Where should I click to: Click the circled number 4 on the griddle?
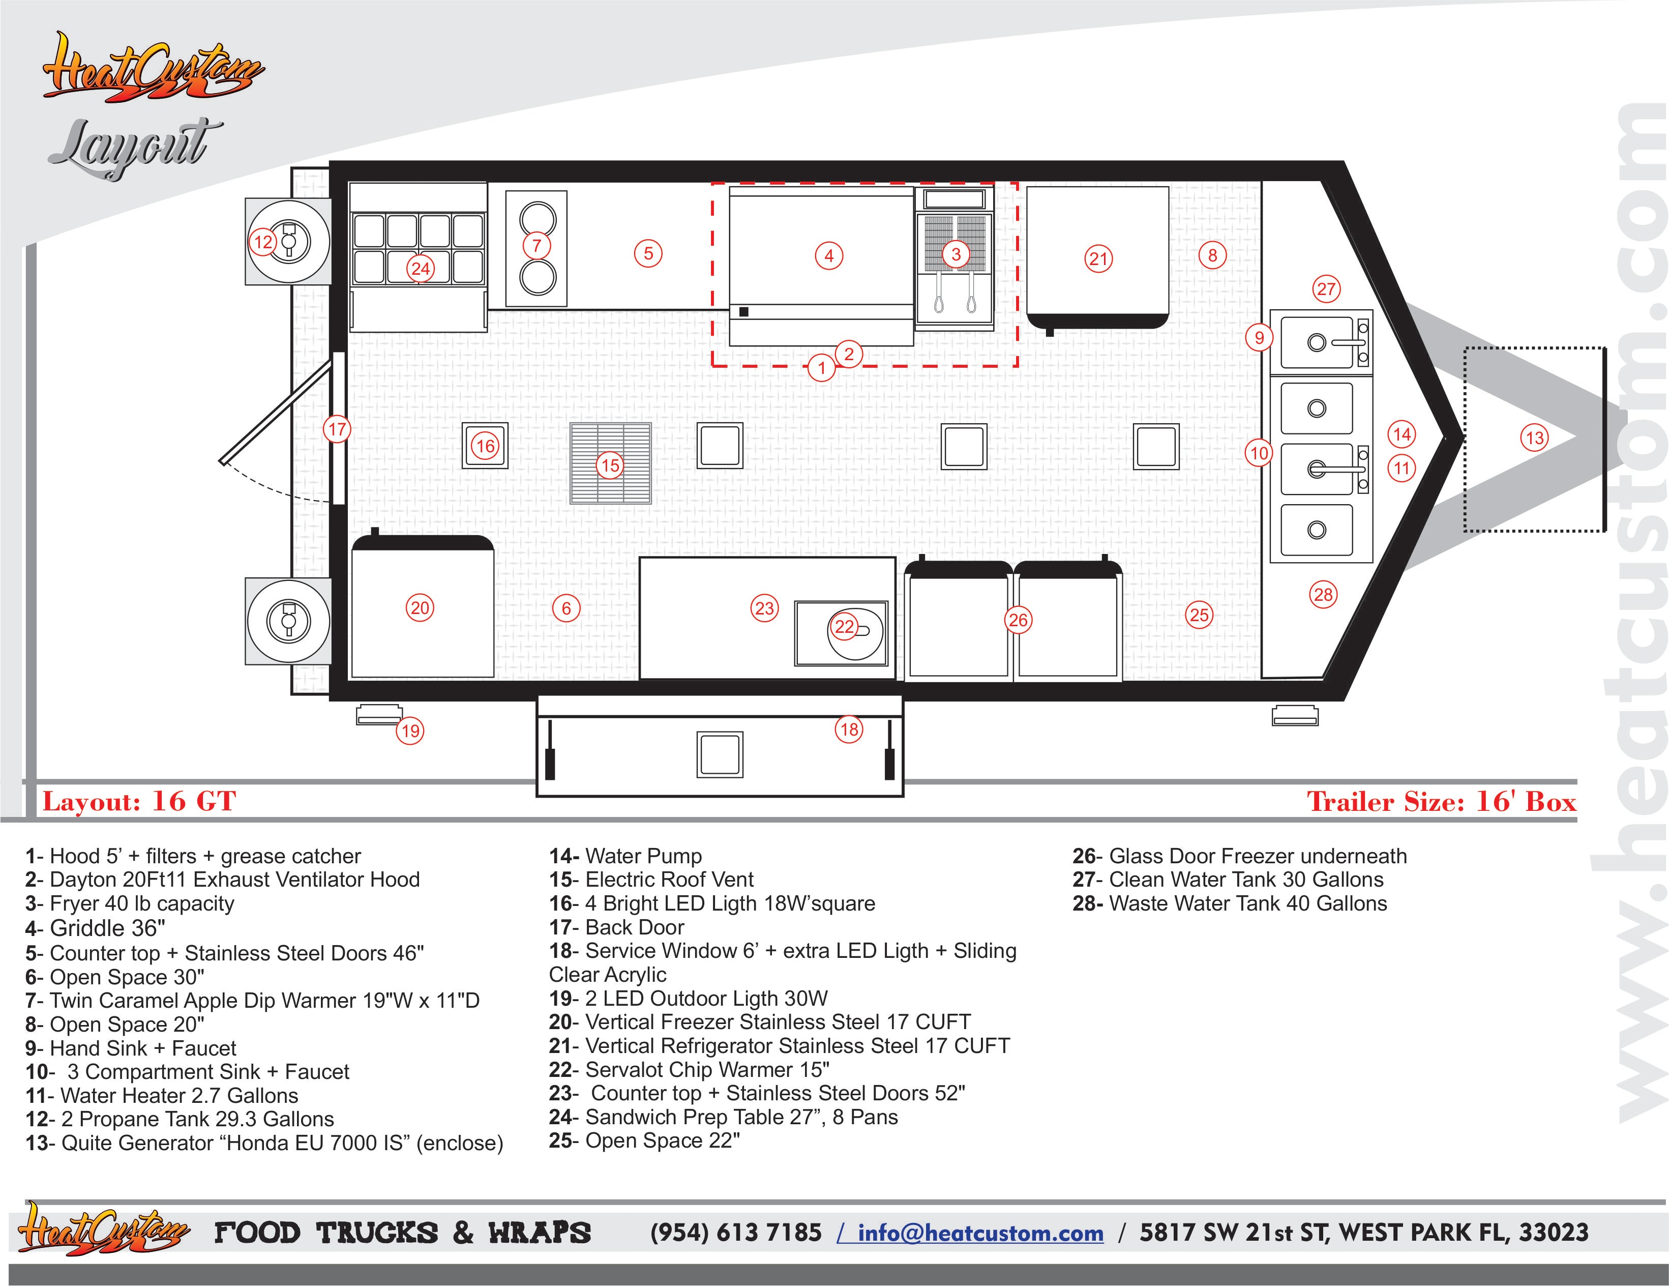point(829,255)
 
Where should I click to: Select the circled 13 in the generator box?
point(1535,438)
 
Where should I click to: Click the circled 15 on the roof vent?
point(610,465)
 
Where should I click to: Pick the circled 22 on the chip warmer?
point(845,627)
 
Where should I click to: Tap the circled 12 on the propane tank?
point(263,242)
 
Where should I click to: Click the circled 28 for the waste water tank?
point(1324,594)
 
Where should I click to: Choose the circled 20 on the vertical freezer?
point(421,608)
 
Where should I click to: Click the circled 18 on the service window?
point(849,729)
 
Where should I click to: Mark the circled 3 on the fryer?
point(955,254)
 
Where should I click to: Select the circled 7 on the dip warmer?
point(537,245)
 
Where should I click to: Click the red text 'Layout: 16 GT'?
point(139,801)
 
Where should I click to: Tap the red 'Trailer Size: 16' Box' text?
point(1441,801)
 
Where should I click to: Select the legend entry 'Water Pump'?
point(625,856)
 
